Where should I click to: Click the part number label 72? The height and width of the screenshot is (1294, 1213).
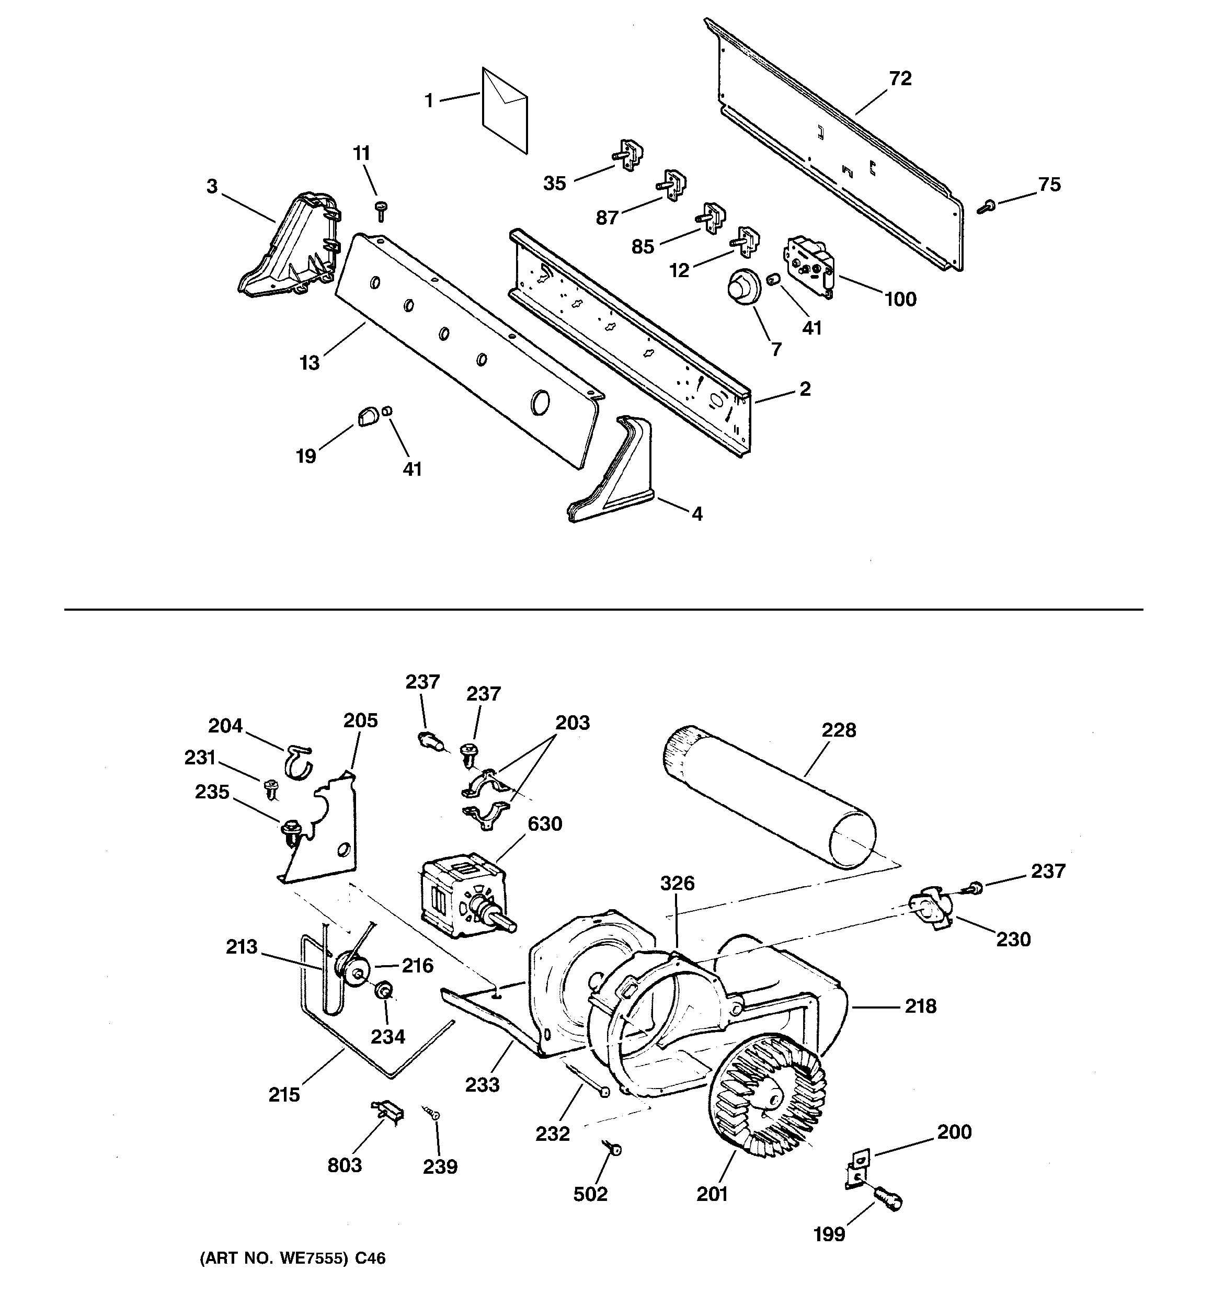(x=900, y=79)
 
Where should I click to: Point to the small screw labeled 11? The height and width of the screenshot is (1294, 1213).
(x=381, y=210)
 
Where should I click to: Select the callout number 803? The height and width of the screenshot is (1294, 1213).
(x=345, y=1164)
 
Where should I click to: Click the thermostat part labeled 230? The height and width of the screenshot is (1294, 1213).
(x=930, y=909)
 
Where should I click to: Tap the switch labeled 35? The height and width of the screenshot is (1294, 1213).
(x=629, y=156)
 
